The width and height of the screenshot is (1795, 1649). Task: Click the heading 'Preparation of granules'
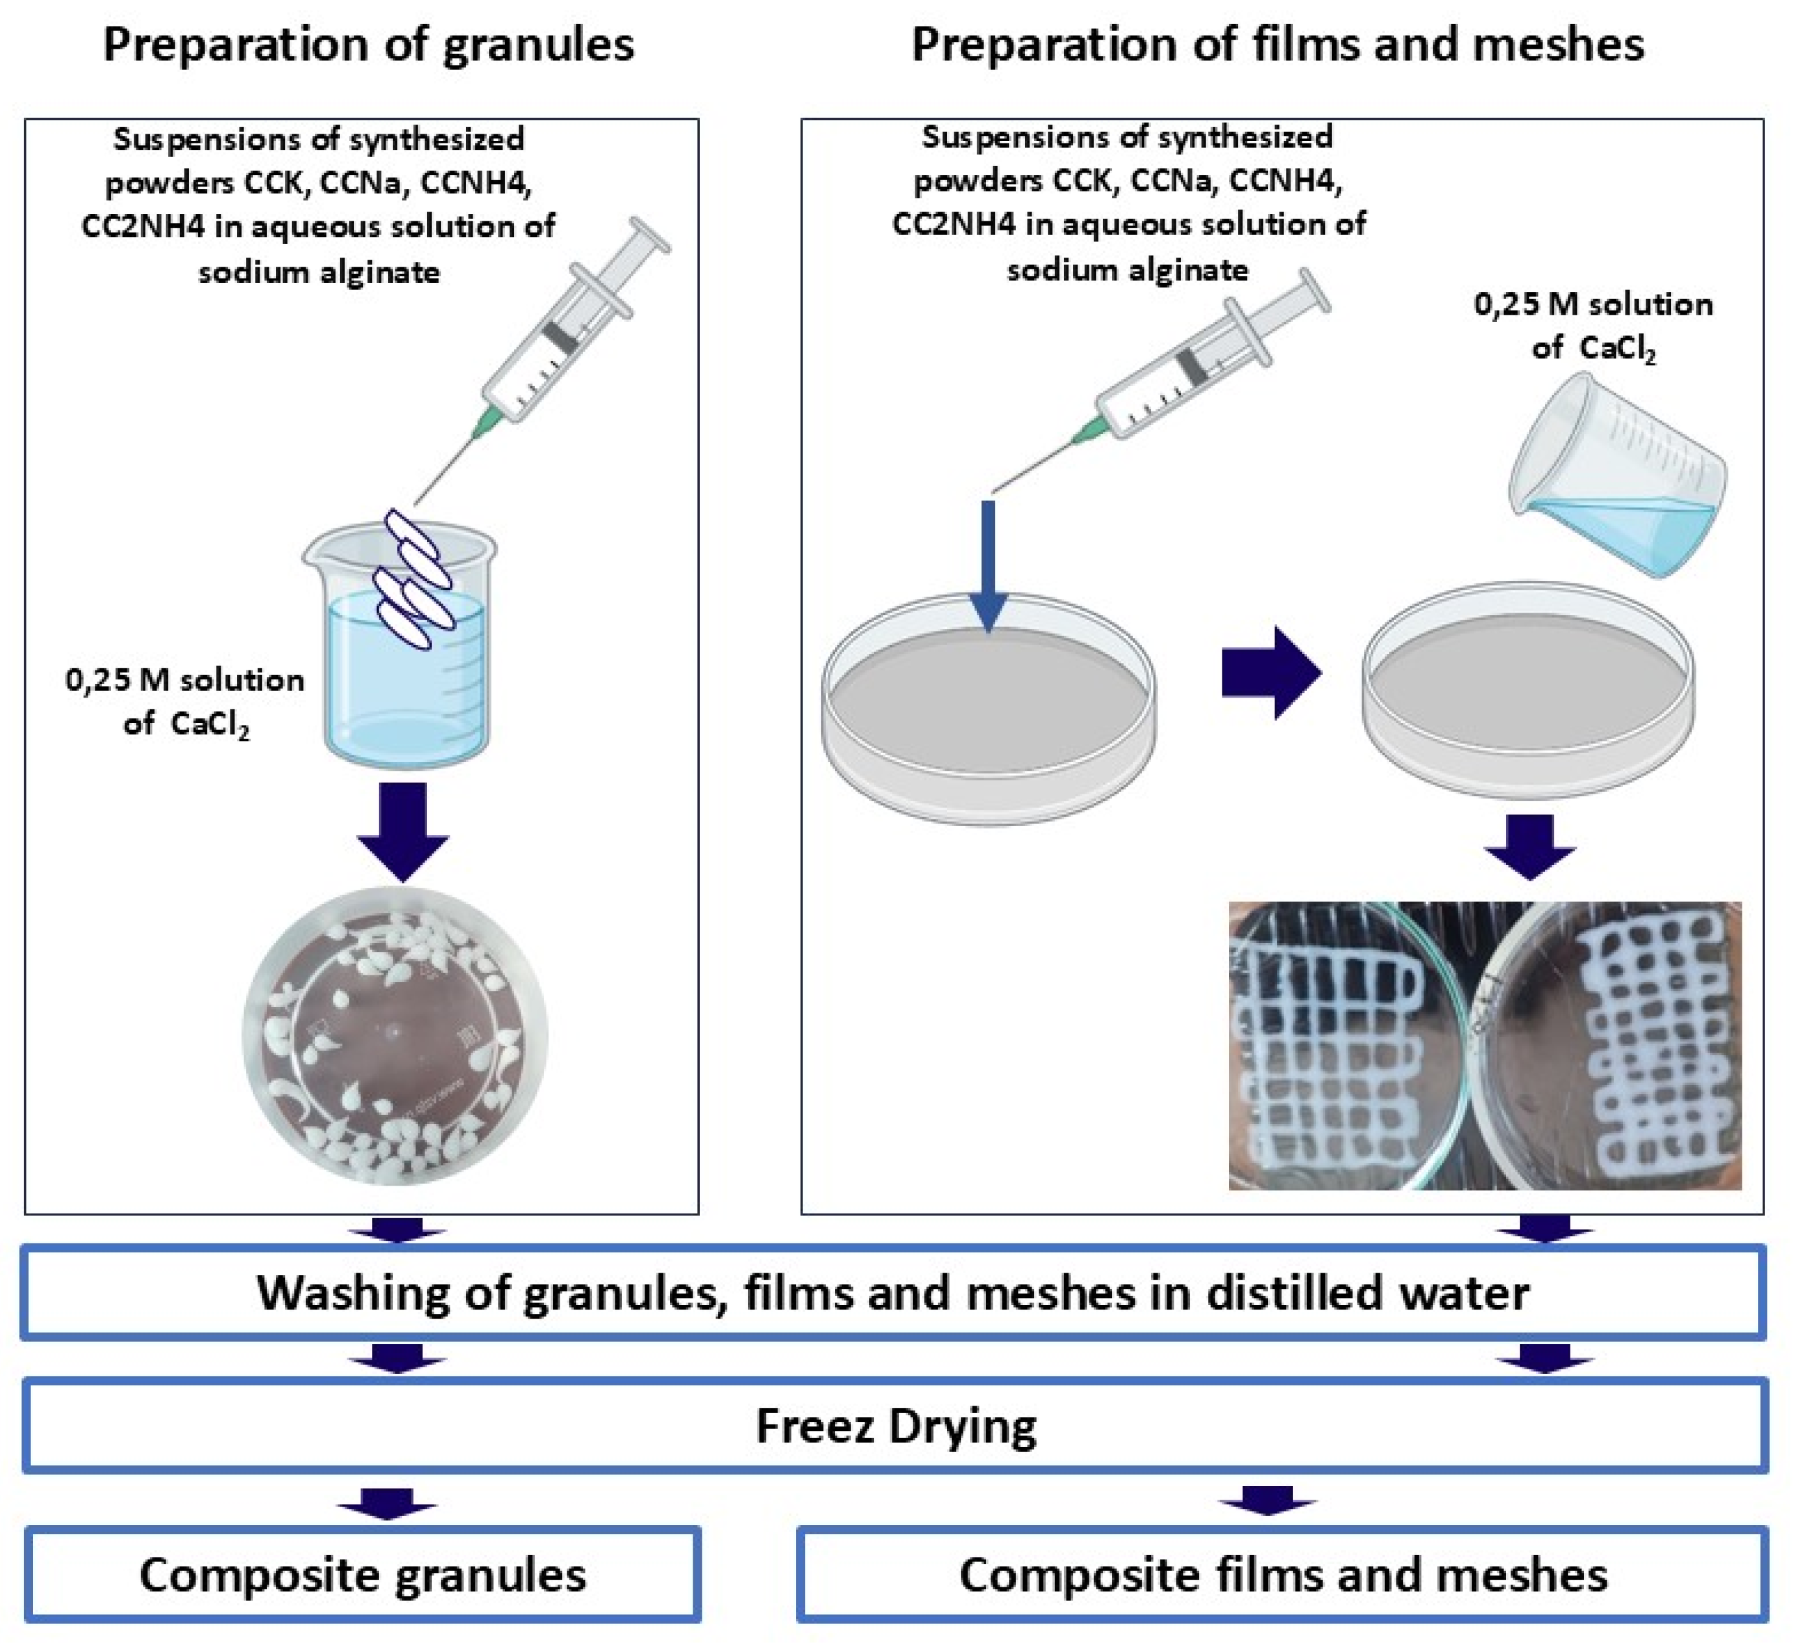[x=367, y=45]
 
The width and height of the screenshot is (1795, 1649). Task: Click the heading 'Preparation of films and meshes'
[x=1278, y=45]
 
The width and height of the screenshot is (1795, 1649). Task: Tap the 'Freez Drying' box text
[x=895, y=1426]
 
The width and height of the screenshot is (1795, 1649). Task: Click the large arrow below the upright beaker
[x=402, y=831]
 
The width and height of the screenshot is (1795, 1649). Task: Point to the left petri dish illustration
[x=988, y=709]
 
